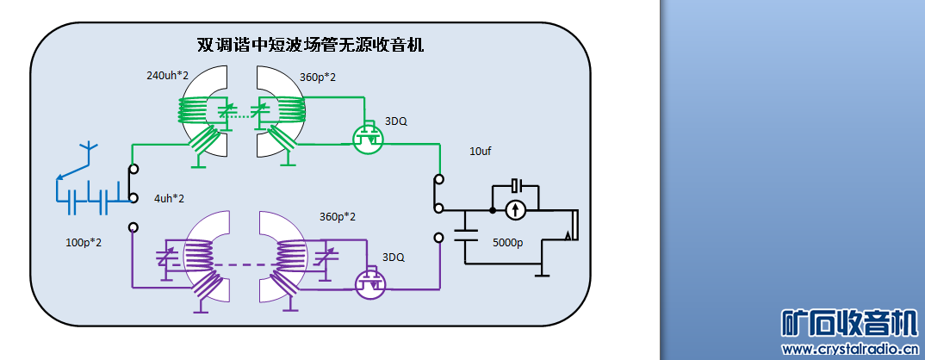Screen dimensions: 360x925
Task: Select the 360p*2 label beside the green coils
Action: point(317,78)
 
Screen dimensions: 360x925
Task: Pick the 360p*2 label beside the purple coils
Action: point(338,216)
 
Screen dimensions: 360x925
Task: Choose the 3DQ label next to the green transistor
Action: point(396,121)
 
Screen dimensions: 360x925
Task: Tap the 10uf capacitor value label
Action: point(480,151)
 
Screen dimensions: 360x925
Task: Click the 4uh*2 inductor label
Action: point(170,199)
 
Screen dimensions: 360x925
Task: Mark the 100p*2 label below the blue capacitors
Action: point(84,242)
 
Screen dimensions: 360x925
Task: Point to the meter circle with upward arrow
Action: point(515,208)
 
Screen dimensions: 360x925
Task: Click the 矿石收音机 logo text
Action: point(848,323)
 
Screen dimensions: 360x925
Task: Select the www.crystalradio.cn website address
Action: point(848,349)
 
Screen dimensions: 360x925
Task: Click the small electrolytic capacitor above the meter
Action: point(515,185)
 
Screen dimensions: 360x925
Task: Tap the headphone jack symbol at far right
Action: point(571,226)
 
